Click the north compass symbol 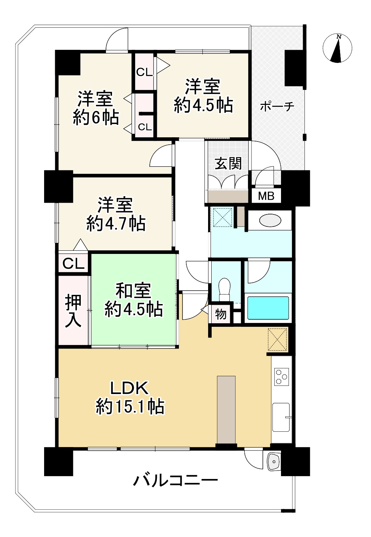click(x=338, y=48)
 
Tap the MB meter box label click(x=266, y=196)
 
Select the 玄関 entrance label click(x=228, y=163)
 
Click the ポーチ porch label click(x=277, y=106)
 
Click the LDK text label click(x=129, y=389)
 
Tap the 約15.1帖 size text click(x=130, y=406)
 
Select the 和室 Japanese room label click(x=133, y=291)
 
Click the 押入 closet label click(x=73, y=310)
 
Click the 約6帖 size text click(x=96, y=117)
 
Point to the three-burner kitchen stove click(x=281, y=377)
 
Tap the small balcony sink click(x=274, y=461)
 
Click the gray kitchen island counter click(x=226, y=409)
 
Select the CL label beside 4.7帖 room click(x=73, y=264)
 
